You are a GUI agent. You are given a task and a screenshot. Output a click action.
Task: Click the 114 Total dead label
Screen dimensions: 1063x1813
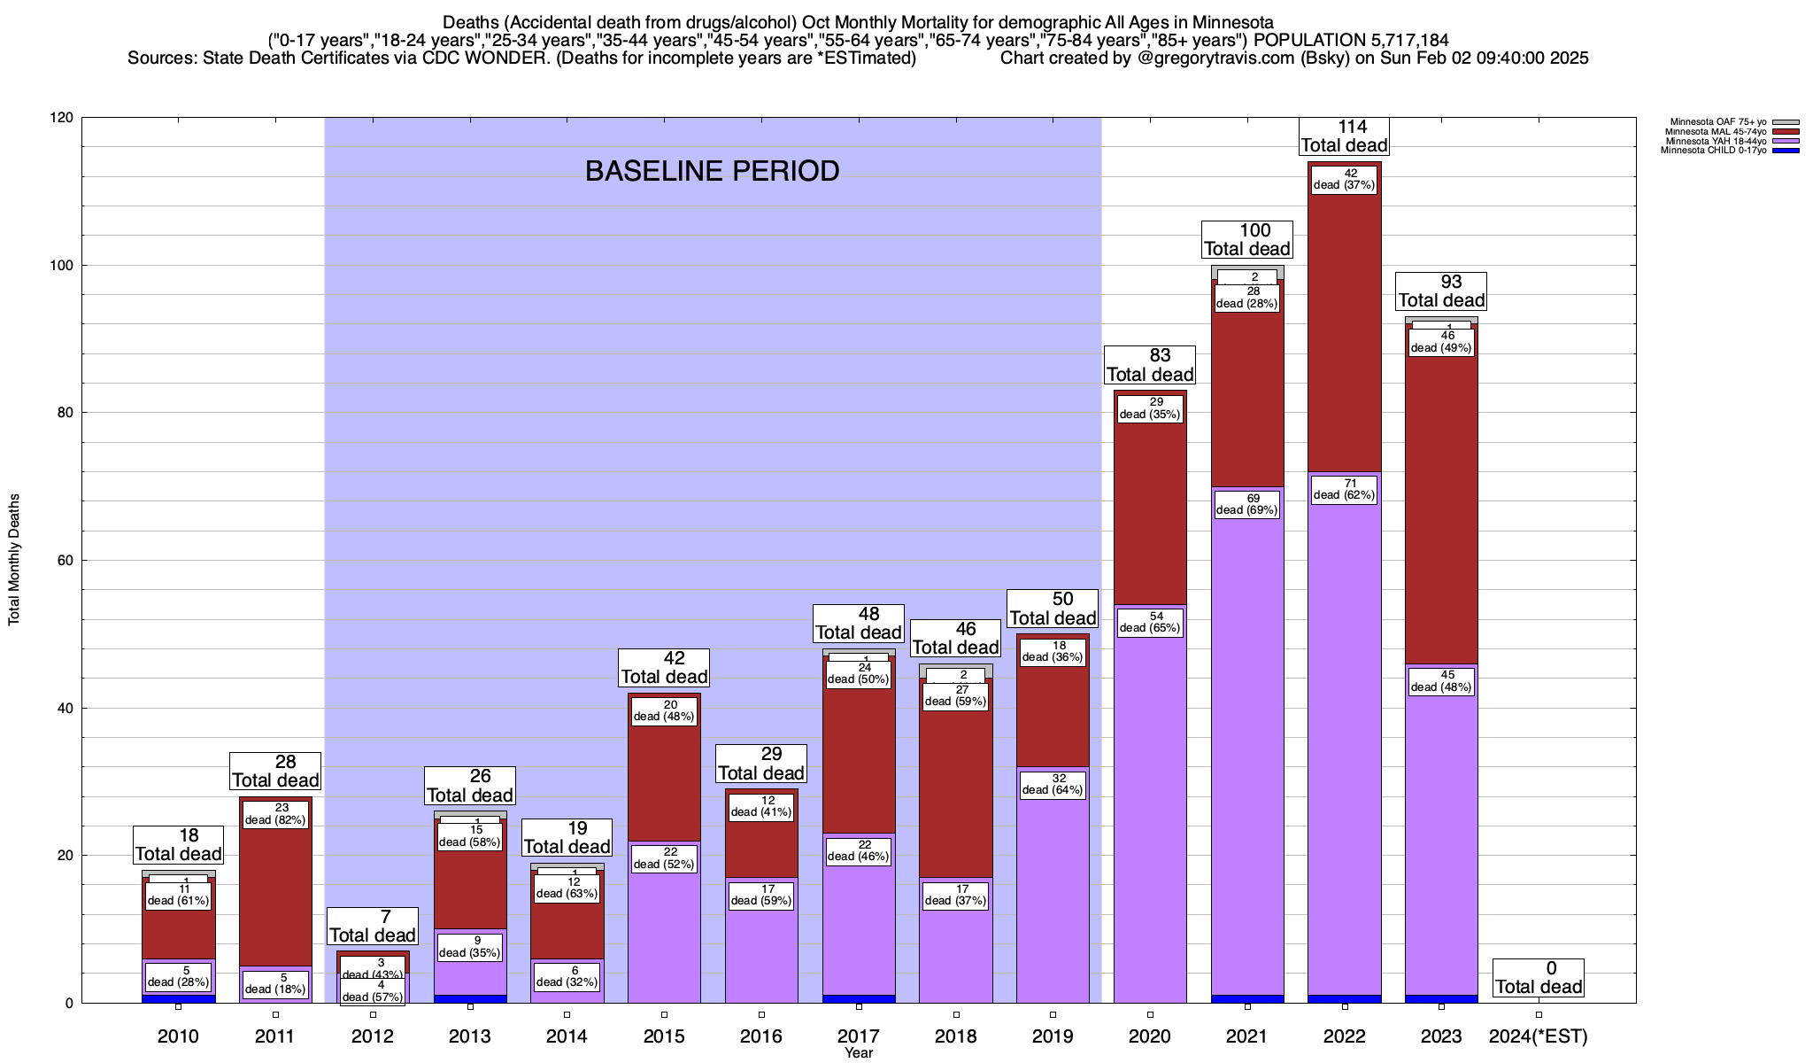point(1344,136)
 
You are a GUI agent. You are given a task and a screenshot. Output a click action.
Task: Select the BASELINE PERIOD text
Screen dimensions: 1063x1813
point(712,171)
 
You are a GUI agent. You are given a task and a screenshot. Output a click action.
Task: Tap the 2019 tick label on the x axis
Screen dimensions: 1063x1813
point(1053,1036)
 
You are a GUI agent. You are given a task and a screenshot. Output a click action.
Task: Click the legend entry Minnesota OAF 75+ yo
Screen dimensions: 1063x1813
point(1717,122)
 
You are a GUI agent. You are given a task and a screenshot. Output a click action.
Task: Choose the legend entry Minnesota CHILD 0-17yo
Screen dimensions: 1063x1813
point(1713,151)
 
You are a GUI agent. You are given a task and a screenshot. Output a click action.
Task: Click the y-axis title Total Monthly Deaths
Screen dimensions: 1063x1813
point(14,560)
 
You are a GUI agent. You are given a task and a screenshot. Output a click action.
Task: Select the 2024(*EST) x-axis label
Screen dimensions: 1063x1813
point(1539,1036)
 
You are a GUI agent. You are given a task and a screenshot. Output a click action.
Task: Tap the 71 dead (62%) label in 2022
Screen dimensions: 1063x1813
point(1344,489)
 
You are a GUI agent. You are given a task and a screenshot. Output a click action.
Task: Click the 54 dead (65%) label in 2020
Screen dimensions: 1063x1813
point(1149,622)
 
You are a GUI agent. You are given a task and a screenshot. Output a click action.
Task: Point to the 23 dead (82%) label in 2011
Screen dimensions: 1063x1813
point(275,814)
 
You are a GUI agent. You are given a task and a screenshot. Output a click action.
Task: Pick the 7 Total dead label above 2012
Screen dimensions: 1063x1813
point(372,927)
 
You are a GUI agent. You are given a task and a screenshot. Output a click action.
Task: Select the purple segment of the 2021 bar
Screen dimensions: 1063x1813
point(1247,753)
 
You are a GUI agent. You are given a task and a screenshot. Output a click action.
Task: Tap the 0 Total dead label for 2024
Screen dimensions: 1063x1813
point(1539,978)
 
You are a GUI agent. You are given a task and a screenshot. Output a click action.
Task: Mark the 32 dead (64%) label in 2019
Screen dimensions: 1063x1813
point(1053,784)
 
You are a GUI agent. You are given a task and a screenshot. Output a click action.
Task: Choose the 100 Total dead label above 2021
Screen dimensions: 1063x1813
point(1246,240)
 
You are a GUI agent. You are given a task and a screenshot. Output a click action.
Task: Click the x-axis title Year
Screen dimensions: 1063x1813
point(858,1053)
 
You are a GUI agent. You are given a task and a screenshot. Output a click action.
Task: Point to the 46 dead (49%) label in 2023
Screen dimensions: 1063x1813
point(1441,342)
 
